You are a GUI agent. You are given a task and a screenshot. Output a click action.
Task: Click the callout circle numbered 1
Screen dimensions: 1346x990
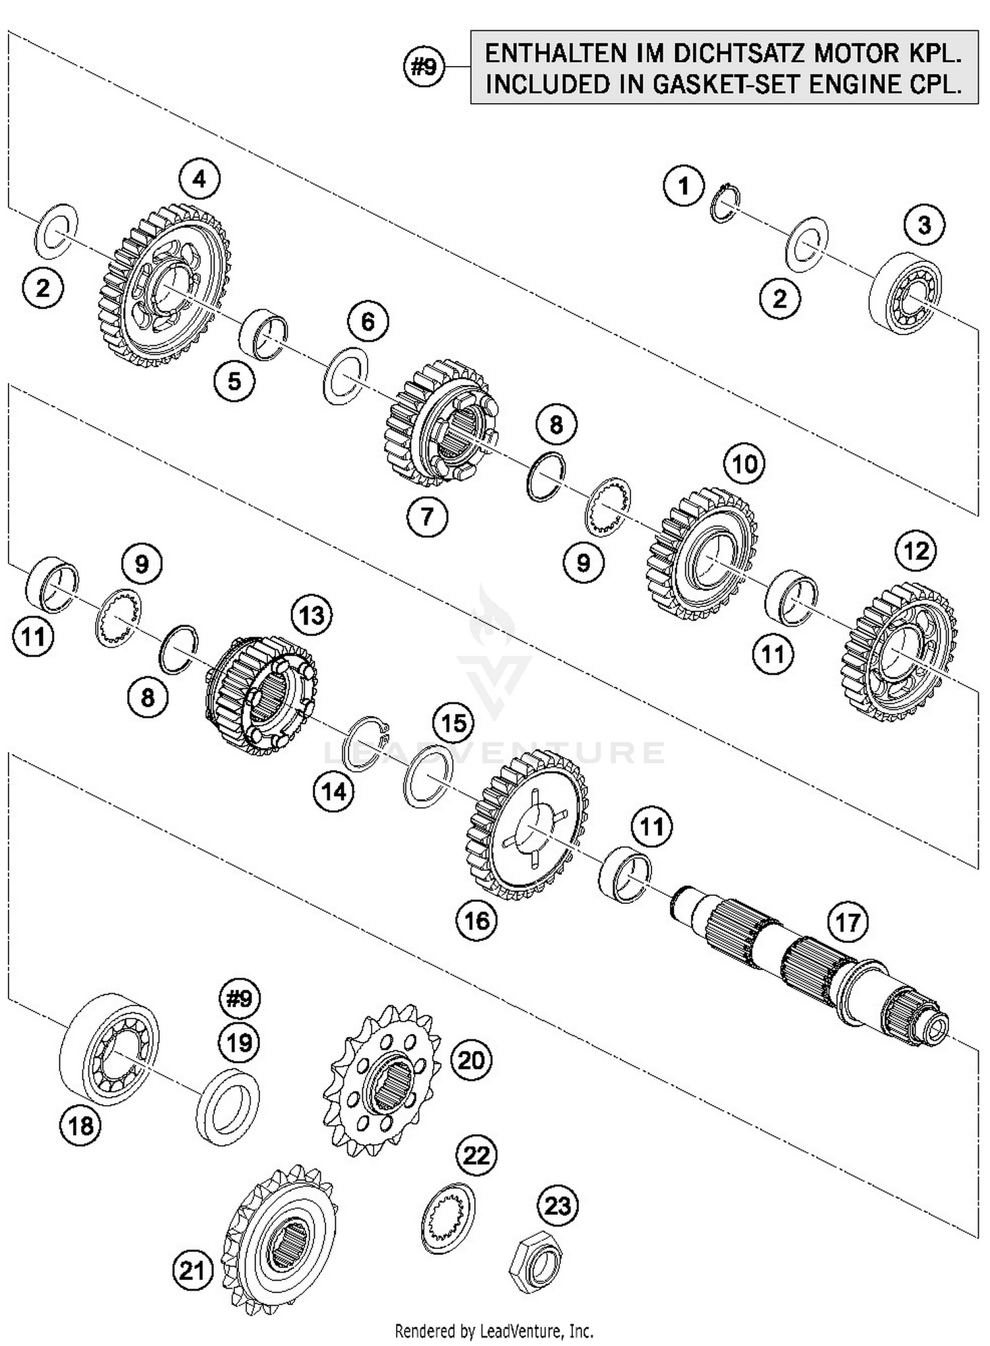tap(684, 186)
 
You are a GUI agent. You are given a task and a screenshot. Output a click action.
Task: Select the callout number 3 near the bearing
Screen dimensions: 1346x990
tap(924, 225)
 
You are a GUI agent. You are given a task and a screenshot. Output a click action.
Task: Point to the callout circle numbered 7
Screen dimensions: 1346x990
tap(427, 516)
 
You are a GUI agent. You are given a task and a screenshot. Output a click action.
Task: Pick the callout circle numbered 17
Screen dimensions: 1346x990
tap(847, 922)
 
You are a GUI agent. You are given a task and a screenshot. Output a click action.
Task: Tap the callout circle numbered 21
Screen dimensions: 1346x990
tap(193, 1271)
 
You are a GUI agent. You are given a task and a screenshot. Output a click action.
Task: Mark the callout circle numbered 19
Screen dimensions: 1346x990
tap(239, 1042)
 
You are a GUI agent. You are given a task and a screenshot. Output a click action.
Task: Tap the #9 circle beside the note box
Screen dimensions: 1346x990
tap(424, 67)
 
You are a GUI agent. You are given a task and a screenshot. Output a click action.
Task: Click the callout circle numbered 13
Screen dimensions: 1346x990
tap(312, 616)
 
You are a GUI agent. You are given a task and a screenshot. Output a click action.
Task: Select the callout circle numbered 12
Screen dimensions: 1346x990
tap(916, 551)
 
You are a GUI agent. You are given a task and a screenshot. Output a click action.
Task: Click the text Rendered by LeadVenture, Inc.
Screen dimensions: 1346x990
tap(494, 1330)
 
